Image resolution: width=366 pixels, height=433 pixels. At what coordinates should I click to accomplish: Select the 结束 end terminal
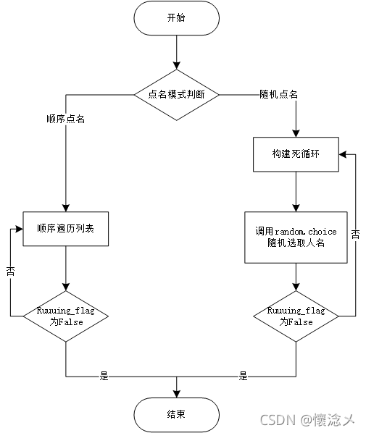(x=176, y=415)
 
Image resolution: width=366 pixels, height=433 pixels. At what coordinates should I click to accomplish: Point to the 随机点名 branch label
(x=278, y=94)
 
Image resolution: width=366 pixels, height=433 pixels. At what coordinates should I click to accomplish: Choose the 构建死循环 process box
(x=296, y=154)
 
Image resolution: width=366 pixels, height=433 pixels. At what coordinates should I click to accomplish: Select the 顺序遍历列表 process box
(x=66, y=228)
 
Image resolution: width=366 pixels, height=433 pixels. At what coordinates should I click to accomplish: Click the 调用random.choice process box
(x=296, y=237)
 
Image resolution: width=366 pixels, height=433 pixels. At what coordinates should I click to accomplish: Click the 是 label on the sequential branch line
(x=104, y=376)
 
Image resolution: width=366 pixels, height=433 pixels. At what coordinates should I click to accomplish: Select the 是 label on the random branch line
(x=243, y=376)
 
